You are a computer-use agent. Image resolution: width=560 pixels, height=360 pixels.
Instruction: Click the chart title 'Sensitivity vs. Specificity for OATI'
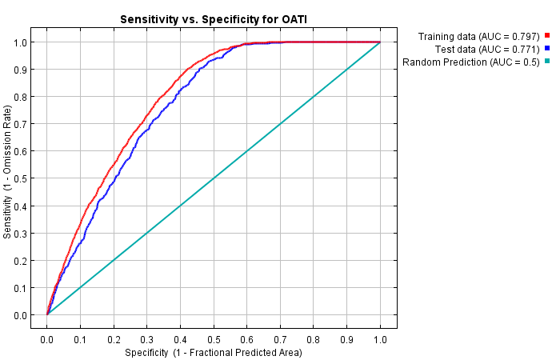(214, 18)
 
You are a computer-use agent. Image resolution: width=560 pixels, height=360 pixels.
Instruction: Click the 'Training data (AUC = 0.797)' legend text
(478, 36)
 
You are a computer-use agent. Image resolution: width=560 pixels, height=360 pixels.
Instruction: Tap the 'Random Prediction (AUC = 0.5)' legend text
(470, 62)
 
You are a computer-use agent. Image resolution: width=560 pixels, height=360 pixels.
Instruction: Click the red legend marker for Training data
(547, 36)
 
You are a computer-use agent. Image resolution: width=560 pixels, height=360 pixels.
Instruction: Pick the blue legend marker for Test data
(547, 49)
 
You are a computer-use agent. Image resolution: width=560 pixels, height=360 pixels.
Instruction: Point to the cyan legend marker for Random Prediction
(547, 62)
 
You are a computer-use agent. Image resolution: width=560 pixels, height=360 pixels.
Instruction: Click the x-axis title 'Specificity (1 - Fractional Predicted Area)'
(214, 352)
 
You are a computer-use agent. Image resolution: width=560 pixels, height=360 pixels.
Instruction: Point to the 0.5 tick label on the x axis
(214, 339)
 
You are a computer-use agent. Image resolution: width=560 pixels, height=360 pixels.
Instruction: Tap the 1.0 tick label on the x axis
(380, 339)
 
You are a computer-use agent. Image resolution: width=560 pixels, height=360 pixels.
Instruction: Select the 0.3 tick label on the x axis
(147, 339)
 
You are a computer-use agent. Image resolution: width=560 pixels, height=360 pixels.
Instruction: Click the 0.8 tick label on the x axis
(314, 339)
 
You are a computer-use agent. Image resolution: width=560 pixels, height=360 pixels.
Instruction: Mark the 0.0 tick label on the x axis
(47, 339)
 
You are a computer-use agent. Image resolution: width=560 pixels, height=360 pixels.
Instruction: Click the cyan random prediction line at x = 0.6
(247, 150)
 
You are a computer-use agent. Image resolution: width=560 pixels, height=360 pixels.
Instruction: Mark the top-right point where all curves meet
(380, 42)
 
